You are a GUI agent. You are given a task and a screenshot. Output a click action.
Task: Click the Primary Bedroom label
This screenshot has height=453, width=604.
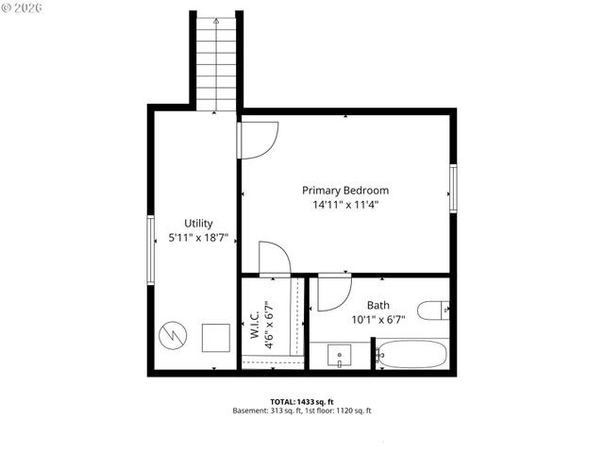344,190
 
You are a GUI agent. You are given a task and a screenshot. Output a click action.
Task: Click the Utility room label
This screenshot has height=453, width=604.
197,224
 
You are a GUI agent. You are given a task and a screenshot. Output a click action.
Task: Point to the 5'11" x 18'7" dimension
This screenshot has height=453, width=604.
197,239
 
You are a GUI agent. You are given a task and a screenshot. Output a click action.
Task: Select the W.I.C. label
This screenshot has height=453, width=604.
255,321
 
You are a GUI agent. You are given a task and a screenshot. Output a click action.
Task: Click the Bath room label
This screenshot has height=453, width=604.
377,306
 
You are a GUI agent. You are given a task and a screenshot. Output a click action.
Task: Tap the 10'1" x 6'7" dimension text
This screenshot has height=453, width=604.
377,321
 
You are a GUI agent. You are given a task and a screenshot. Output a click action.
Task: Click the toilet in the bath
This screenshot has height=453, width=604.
434,310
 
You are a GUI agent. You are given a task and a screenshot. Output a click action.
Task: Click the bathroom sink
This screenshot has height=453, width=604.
341,355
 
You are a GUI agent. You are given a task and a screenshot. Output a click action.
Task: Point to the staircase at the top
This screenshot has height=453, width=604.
215,61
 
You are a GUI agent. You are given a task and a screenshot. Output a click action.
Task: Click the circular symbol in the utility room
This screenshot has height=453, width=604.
172,335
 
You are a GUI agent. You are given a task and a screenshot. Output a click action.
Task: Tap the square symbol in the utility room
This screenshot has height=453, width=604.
216,337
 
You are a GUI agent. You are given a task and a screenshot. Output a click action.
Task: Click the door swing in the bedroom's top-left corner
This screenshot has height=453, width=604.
255,140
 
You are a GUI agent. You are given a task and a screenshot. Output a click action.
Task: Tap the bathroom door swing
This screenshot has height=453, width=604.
332,293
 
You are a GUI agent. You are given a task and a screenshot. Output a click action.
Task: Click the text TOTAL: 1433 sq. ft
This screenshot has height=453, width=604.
302,400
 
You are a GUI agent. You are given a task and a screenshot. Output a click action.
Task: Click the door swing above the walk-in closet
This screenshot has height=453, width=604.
272,258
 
